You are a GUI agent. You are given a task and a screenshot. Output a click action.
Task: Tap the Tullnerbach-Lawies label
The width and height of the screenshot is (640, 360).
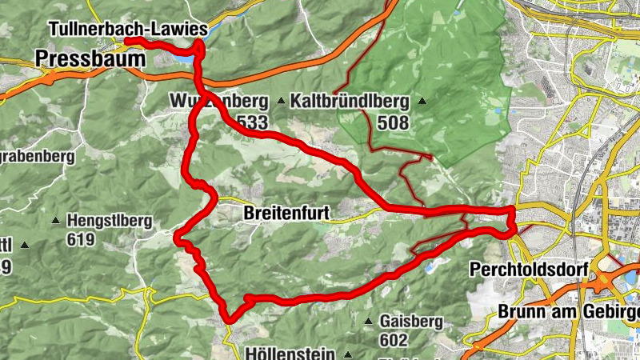128,29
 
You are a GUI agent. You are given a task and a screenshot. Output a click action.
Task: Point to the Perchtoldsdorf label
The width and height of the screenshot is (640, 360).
524,268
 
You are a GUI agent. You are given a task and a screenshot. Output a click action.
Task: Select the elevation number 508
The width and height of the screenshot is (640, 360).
394,123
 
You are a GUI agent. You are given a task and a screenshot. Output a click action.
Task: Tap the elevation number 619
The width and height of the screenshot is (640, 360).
81,239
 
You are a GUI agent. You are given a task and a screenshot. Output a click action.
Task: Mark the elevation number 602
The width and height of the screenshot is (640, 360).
394,338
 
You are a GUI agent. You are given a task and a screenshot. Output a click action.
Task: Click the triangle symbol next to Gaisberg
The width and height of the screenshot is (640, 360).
368,322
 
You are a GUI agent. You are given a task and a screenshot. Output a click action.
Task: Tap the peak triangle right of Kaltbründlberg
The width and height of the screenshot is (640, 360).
422,102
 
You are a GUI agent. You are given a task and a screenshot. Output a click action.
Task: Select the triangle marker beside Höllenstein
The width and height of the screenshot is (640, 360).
348,353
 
